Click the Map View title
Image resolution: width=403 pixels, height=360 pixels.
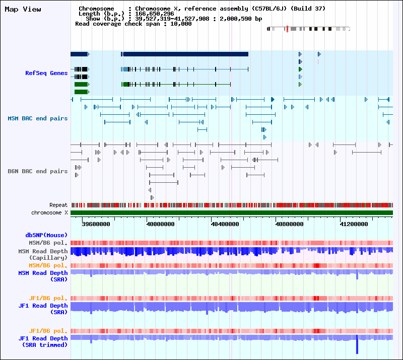23,9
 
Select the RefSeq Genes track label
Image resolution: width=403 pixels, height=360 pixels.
46,73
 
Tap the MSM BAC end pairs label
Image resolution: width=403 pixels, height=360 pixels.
38,118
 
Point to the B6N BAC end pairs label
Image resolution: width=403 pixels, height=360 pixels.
38,171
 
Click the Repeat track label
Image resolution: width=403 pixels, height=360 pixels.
58,205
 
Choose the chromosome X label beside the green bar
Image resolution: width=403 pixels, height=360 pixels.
49,212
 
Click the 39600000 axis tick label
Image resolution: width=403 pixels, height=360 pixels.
96,224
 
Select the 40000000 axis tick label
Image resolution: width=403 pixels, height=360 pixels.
160,224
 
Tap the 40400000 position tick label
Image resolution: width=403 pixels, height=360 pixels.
225,224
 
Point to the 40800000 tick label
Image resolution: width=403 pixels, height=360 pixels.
289,224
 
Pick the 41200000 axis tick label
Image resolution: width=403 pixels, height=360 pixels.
354,224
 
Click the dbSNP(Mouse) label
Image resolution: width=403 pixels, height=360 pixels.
46,235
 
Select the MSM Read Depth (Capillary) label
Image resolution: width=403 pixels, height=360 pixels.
43,254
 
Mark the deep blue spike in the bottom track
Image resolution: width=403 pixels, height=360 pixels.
357,345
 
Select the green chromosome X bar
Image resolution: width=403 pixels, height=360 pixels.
232,213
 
